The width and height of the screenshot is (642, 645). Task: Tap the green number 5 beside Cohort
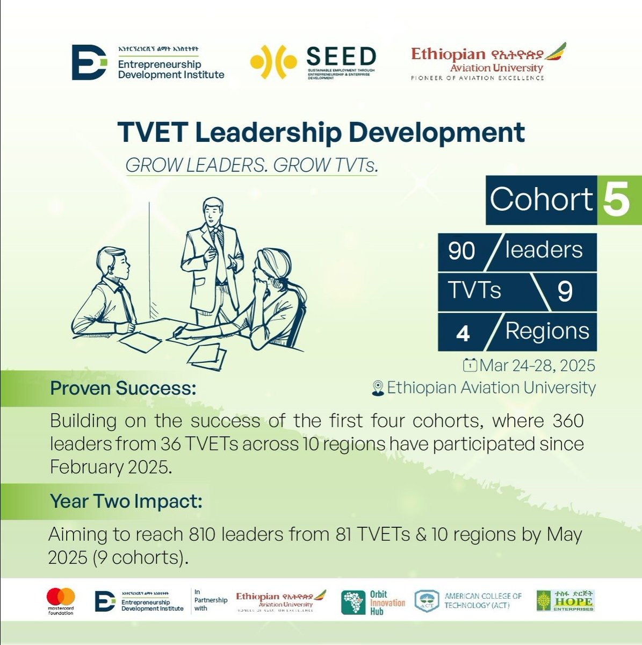pyautogui.click(x=617, y=200)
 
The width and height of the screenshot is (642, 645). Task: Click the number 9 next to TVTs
pyautogui.click(x=565, y=292)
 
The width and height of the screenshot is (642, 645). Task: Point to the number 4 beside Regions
pyautogui.click(x=463, y=333)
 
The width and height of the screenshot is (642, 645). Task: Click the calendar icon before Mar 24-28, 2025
pyautogui.click(x=470, y=366)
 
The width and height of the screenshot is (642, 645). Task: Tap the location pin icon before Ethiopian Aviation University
pyautogui.click(x=378, y=388)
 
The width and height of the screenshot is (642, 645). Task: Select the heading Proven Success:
pyautogui.click(x=123, y=388)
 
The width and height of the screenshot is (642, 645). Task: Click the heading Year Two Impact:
pyautogui.click(x=126, y=501)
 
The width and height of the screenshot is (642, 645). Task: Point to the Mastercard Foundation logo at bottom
pyautogui.click(x=61, y=601)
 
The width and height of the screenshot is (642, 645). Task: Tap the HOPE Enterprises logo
pyautogui.click(x=565, y=600)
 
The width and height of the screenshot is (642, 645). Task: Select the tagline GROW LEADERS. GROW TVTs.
pyautogui.click(x=251, y=166)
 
